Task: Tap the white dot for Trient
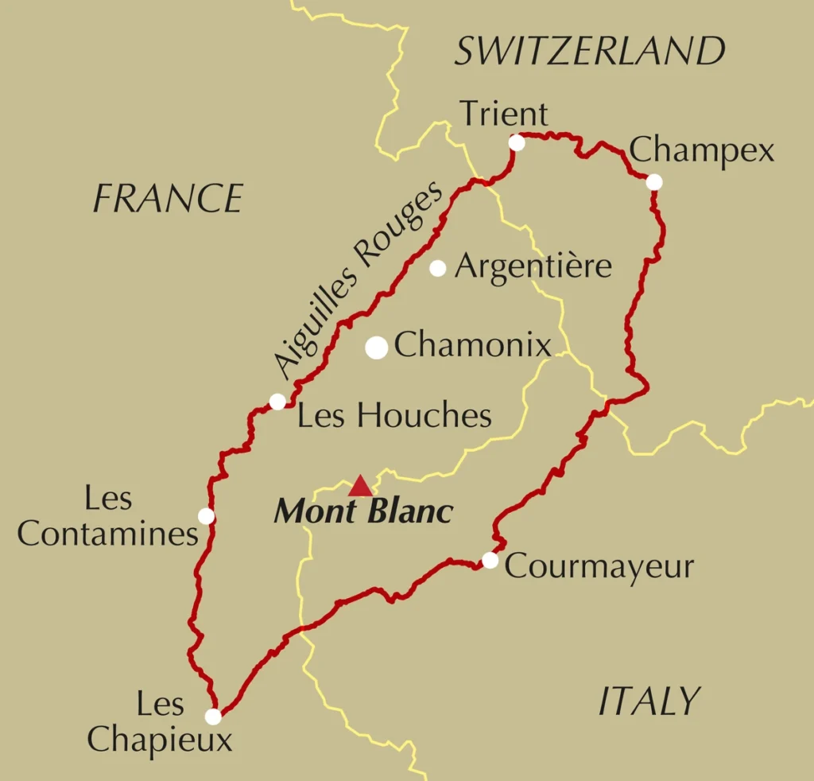[x=517, y=142]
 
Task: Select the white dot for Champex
[x=654, y=182]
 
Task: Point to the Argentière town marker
[x=437, y=268]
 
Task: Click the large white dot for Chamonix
[x=377, y=348]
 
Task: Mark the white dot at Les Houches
[x=277, y=402]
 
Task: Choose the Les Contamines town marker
[x=206, y=516]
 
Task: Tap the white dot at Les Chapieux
[x=213, y=717]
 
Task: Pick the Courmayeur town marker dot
[x=490, y=561]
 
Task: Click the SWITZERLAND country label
[x=590, y=52]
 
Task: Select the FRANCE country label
[x=168, y=198]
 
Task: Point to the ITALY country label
[x=648, y=701]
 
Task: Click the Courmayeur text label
[x=599, y=566]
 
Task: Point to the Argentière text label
[x=533, y=266]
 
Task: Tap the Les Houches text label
[x=394, y=415]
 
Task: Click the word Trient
[x=504, y=115]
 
